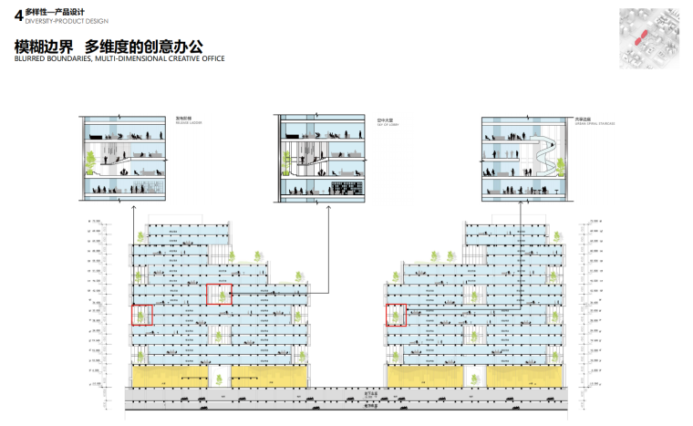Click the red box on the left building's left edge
point(141,314)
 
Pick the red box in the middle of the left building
point(219,294)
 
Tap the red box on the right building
point(394,314)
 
